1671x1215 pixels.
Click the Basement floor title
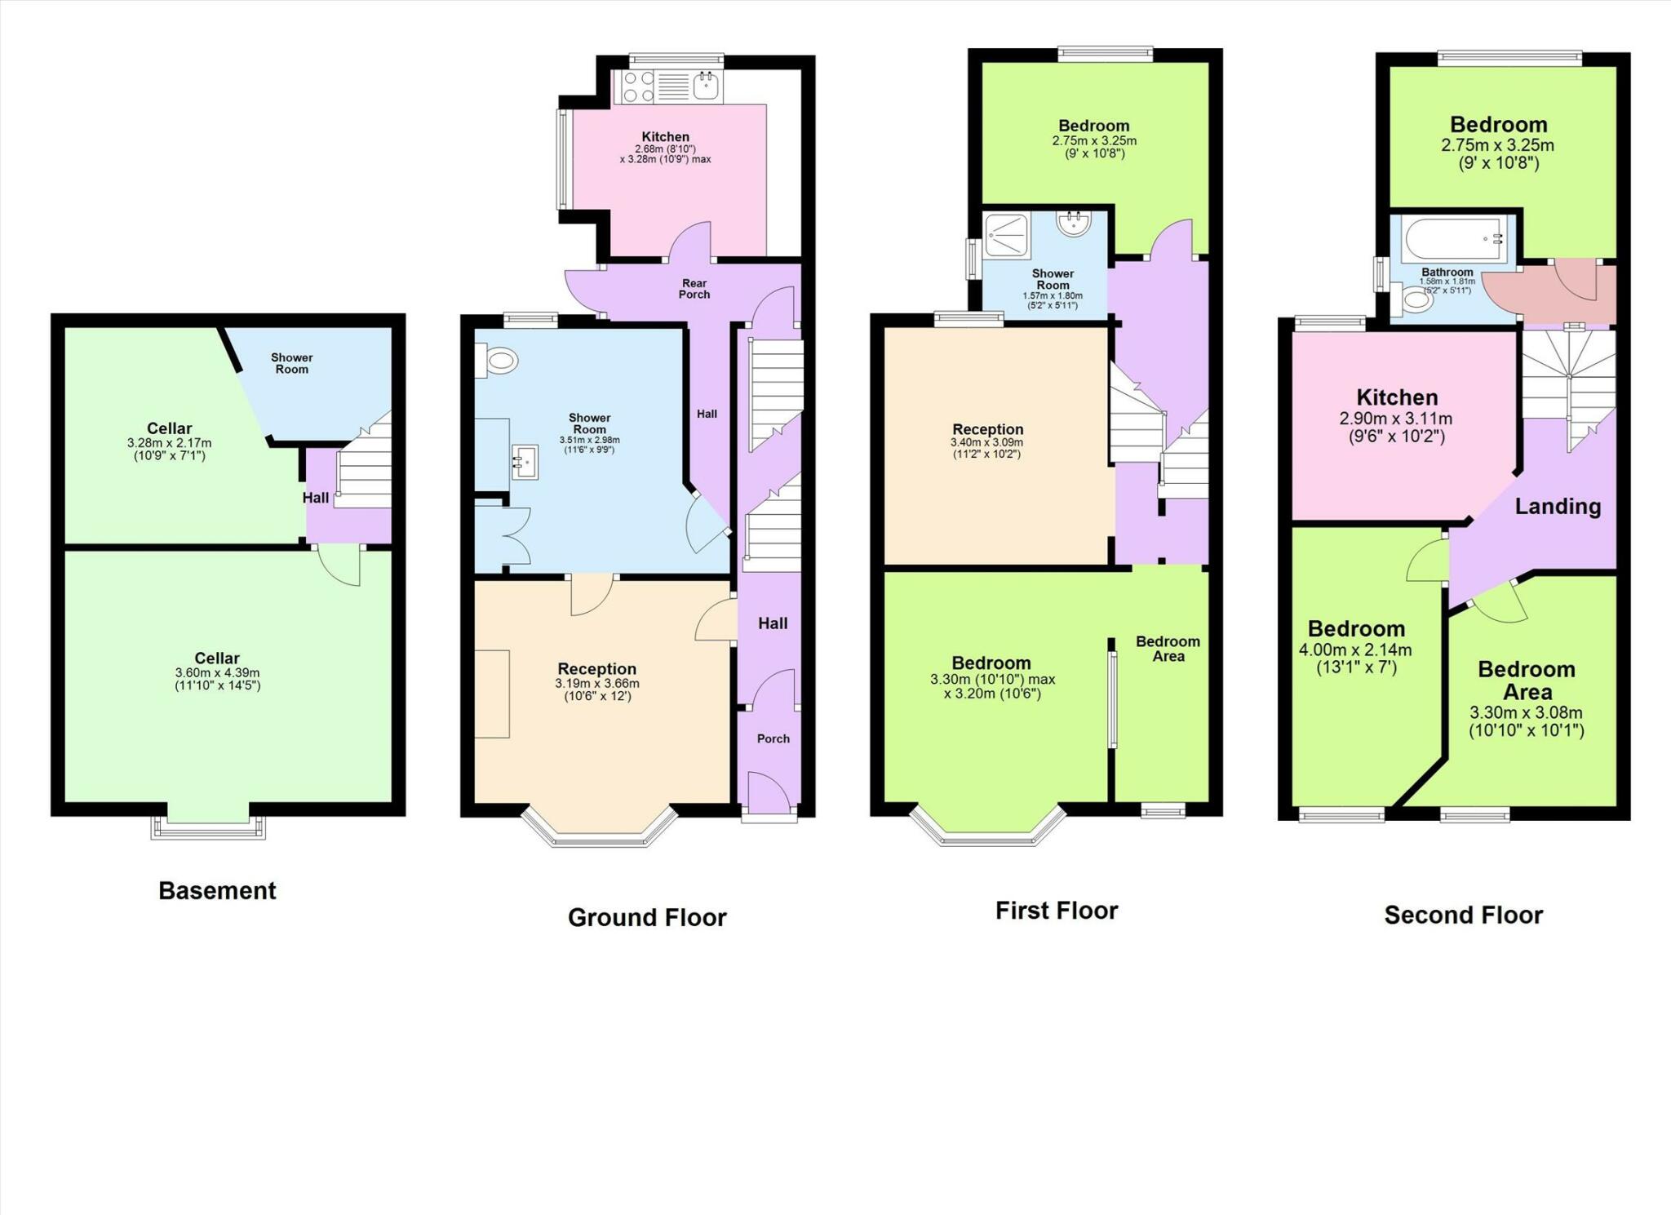point(217,890)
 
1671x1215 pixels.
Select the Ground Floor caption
point(647,917)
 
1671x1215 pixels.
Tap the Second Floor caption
point(1463,915)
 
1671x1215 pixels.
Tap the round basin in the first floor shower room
point(1074,223)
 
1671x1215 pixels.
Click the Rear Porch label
point(694,289)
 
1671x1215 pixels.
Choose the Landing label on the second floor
point(1558,507)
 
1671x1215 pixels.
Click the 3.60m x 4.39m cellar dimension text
point(217,672)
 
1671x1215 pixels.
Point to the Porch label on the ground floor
point(773,738)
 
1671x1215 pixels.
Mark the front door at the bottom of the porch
point(769,793)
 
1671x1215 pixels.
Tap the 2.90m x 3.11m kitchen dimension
point(1396,419)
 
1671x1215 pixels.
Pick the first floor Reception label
point(987,429)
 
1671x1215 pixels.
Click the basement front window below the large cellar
point(208,827)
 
